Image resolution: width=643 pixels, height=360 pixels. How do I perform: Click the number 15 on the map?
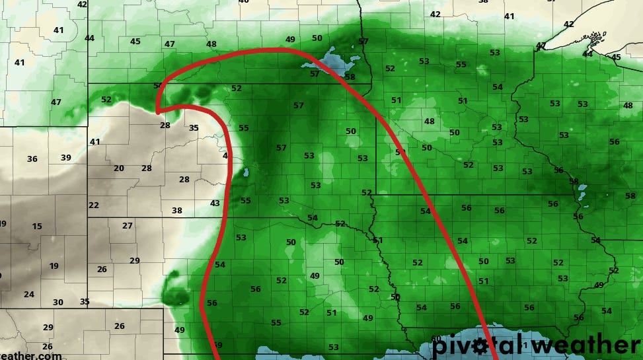click(37, 227)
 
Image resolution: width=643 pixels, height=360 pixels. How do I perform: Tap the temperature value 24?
click(29, 295)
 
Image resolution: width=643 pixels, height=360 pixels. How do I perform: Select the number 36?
click(32, 159)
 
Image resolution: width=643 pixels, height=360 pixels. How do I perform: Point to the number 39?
click(65, 157)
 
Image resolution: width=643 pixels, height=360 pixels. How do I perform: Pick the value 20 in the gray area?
click(119, 168)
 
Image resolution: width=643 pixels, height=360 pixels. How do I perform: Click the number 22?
click(94, 205)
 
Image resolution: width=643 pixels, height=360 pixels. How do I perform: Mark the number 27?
click(128, 226)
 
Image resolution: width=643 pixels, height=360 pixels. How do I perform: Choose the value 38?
click(177, 211)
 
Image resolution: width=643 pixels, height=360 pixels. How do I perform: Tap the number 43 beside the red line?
click(215, 203)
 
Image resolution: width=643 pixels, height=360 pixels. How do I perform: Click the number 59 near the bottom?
click(218, 345)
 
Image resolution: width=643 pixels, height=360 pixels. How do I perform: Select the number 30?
click(58, 302)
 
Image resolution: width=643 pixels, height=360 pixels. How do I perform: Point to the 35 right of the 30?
click(85, 301)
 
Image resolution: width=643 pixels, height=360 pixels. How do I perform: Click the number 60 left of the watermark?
click(436, 339)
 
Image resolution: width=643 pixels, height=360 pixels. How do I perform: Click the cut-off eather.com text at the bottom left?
click(30, 355)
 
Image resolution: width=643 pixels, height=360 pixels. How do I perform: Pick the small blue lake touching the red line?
click(245, 173)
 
